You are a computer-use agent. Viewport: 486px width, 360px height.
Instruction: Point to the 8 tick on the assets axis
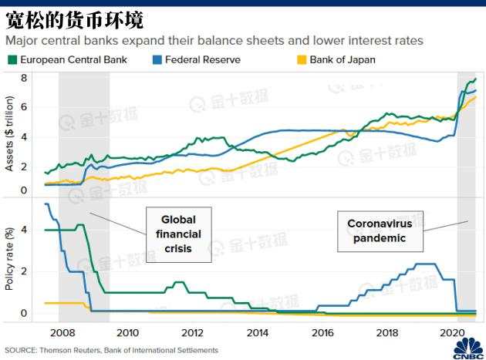24,78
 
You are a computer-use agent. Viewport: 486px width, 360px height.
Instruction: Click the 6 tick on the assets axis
24,107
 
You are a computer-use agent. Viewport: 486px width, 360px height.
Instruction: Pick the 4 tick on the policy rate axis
24,230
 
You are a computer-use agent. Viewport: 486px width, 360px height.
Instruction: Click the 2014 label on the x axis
258,333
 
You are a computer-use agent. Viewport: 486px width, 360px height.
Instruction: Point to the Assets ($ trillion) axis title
10,135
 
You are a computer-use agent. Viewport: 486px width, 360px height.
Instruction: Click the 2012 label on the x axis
193,333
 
